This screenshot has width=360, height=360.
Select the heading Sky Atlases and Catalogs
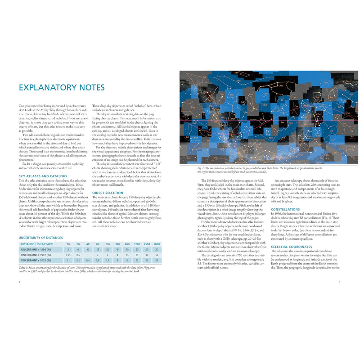pyautogui.click(x=43, y=176)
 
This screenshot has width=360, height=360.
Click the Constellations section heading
pyautogui.click(x=286, y=209)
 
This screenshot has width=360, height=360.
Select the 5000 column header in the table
pyautogui.click(x=157, y=244)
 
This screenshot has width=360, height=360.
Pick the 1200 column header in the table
pyautogui.click(x=137, y=244)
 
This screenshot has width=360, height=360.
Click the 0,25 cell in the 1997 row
pyautogui.click(x=68, y=255)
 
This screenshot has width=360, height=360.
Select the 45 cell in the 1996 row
pyautogui.click(x=117, y=249)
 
